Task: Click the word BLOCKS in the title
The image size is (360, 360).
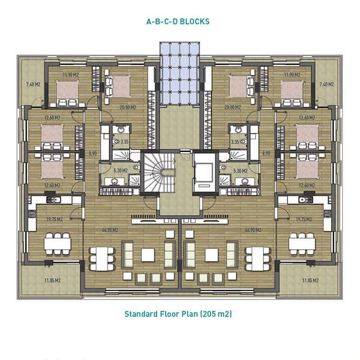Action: click(194, 22)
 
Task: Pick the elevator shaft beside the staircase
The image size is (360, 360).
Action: click(204, 173)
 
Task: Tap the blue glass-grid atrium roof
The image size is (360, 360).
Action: click(180, 74)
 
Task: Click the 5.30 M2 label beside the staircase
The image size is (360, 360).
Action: click(121, 171)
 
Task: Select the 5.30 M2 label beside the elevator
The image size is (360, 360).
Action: click(240, 171)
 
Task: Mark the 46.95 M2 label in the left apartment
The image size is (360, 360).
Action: click(110, 230)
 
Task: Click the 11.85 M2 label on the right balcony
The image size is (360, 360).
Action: click(310, 280)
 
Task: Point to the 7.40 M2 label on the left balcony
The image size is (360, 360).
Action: click(33, 84)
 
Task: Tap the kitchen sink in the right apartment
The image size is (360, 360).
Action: click(306, 200)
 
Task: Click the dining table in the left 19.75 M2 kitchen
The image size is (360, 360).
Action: click(58, 244)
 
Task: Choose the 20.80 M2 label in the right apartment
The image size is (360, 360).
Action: click(233, 107)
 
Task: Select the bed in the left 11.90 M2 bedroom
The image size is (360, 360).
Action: click(67, 93)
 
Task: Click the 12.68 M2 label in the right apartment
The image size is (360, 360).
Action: click(307, 118)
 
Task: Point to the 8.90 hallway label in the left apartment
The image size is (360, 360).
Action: click(93, 153)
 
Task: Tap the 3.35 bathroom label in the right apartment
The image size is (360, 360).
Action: click(235, 142)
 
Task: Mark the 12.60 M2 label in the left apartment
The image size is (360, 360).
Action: click(52, 185)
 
